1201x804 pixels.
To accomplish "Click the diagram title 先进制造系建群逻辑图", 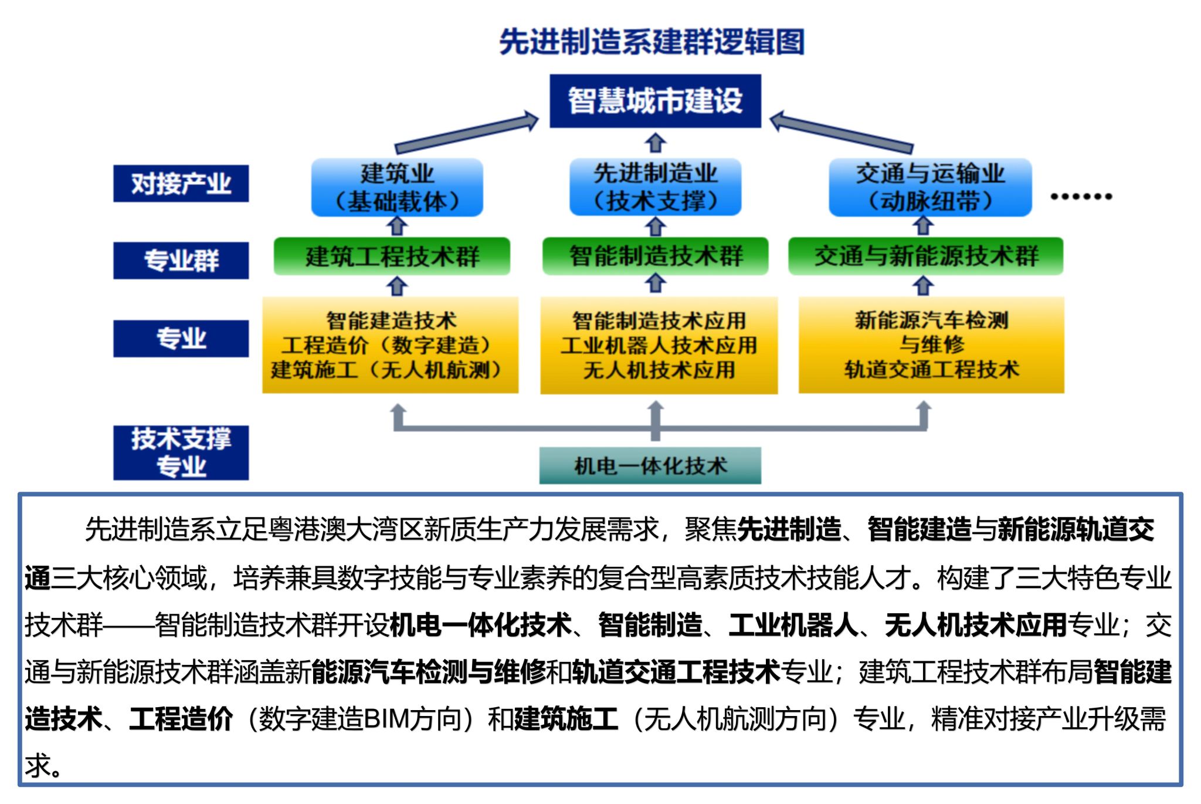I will (x=652, y=42).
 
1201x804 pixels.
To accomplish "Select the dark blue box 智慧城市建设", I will (x=655, y=101).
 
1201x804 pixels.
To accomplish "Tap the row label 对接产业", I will (x=181, y=184).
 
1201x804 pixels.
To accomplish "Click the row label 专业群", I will (x=181, y=260).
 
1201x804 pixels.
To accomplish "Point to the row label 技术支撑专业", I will (x=181, y=452).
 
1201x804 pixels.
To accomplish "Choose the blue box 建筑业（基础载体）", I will (x=397, y=187).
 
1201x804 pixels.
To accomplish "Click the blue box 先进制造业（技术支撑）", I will (x=655, y=187).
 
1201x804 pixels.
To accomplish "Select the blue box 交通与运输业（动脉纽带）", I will (x=930, y=187).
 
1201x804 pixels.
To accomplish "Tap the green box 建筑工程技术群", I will (x=392, y=256).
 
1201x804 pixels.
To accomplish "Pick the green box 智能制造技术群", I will (x=655, y=256).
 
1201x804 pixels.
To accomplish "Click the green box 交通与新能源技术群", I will (x=925, y=256).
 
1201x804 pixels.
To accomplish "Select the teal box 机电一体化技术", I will (x=650, y=466).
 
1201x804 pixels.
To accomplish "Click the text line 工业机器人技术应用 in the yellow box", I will (x=659, y=346).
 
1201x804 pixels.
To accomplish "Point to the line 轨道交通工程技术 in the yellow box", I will (x=931, y=370).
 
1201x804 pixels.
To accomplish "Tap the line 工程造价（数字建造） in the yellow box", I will (x=387, y=346).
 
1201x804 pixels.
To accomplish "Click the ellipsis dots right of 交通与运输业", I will (x=1081, y=197).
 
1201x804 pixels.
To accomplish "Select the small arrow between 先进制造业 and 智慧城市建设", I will (x=655, y=143).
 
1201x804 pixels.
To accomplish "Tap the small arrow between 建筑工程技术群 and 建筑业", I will (x=397, y=226).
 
